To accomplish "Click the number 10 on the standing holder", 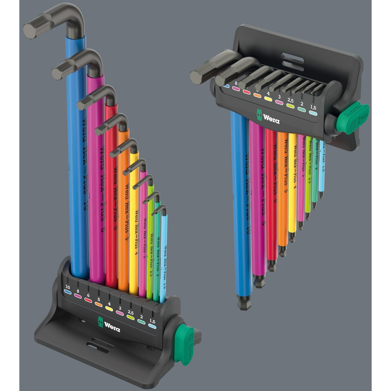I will (x=67, y=287).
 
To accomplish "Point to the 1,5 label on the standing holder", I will (x=152, y=321).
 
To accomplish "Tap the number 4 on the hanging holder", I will (x=268, y=93).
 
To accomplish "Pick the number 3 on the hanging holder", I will (x=279, y=97).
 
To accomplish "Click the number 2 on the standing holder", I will (x=141, y=316).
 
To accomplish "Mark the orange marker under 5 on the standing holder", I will (x=98, y=304).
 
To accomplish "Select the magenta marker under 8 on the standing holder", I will (x=78, y=296).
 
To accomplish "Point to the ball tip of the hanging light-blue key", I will (x=321, y=196).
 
